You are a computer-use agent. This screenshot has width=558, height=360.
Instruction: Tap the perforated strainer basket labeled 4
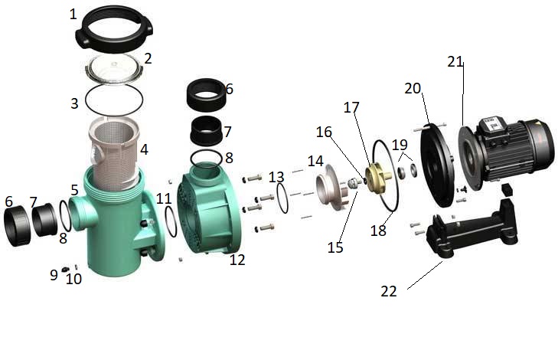[x=115, y=153]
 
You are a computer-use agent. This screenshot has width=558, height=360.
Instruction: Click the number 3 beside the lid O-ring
[x=74, y=103]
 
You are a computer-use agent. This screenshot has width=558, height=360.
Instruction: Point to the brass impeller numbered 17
[x=378, y=175]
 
